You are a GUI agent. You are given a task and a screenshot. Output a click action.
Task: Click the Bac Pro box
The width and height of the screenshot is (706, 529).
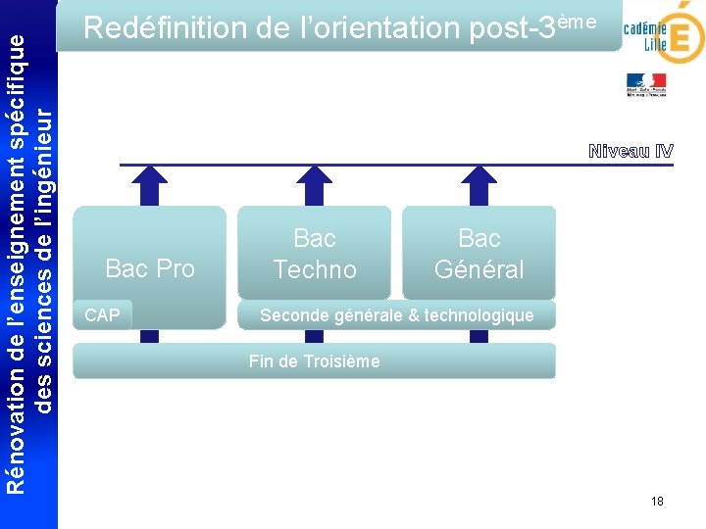tap(149, 253)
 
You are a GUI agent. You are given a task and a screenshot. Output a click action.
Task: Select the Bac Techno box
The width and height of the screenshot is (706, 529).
tap(314, 253)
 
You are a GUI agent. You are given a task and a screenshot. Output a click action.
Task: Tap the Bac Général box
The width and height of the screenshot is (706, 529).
tap(479, 253)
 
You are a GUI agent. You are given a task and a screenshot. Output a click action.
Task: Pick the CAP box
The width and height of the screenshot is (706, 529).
tap(103, 314)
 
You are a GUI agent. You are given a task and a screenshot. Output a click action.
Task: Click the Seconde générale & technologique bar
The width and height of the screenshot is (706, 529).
tap(396, 314)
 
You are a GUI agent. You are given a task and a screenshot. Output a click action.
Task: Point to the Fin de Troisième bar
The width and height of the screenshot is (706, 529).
tap(314, 361)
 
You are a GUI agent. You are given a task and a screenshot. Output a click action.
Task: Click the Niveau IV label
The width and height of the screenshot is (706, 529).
tap(630, 151)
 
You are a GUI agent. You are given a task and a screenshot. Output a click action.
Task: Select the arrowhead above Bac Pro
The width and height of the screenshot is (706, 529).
tap(149, 178)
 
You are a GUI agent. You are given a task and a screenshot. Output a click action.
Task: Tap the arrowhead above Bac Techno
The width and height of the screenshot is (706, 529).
tap(314, 178)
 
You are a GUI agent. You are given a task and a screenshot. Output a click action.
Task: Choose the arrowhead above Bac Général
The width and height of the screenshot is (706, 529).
tap(479, 178)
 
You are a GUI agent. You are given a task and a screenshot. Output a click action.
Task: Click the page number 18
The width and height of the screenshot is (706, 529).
tap(657, 502)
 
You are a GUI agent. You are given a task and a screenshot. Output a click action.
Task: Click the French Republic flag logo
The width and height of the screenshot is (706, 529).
tap(646, 85)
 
